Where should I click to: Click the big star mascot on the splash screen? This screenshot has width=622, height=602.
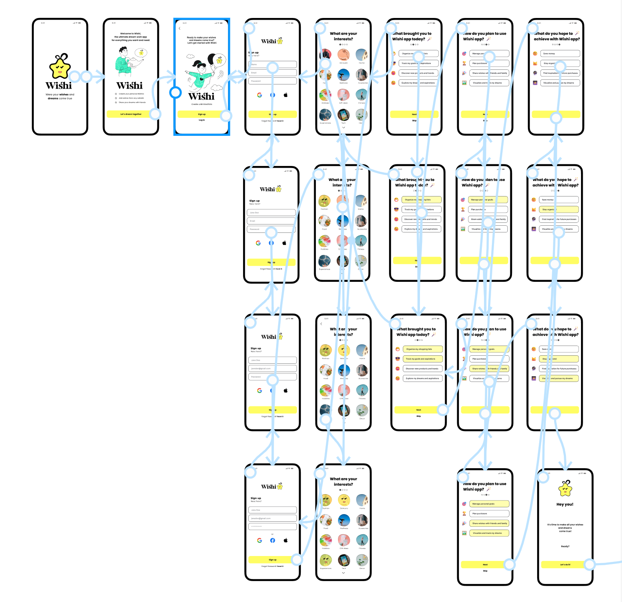60,67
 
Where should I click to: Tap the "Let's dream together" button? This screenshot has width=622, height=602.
131,114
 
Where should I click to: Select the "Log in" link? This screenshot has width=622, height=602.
202,120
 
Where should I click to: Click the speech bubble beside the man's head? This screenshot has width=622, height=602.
141,53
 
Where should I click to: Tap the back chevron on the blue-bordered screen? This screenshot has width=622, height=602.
180,28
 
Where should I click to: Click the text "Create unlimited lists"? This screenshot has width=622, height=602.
202,104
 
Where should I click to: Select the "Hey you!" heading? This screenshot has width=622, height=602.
565,504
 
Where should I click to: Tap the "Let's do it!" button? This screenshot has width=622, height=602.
565,564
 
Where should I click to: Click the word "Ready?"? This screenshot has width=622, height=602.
565,546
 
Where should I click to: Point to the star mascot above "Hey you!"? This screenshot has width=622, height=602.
565,488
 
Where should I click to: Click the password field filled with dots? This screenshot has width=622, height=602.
272,526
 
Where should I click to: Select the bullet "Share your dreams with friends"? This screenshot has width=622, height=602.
132,102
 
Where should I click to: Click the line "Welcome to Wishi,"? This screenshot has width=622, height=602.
131,33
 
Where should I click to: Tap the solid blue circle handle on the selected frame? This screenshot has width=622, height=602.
176,92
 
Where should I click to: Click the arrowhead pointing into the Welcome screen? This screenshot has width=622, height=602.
101,77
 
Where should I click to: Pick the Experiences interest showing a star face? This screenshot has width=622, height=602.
326,560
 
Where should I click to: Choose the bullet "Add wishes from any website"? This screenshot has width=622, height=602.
131,98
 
